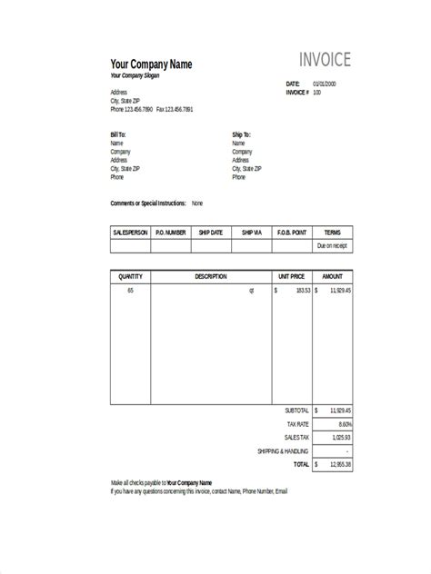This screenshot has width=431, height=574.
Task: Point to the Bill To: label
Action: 118,134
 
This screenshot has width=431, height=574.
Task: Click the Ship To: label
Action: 241,134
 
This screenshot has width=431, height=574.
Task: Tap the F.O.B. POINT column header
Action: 292,233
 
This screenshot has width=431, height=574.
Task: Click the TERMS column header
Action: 332,233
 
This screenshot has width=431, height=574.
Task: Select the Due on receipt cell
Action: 332,246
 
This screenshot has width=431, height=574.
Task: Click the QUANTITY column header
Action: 130,275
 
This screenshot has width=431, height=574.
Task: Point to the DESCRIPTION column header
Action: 211,275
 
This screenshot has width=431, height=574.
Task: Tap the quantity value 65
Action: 130,290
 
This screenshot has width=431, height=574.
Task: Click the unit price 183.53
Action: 302,290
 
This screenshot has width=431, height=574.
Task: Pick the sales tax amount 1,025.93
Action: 339,437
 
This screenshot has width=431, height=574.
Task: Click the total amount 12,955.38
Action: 339,463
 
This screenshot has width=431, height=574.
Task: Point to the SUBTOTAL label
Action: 296,411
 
